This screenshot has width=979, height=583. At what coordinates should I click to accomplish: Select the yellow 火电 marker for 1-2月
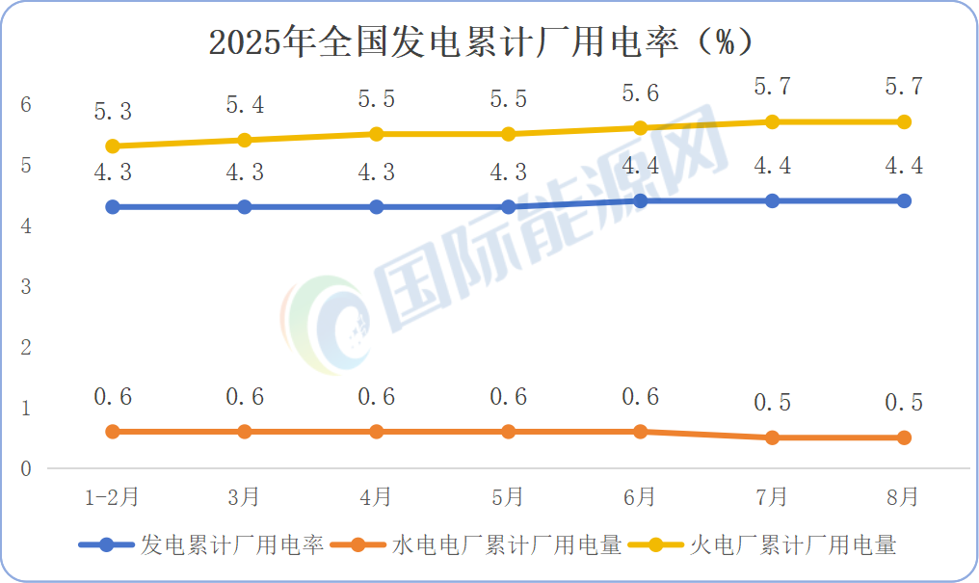[113, 146]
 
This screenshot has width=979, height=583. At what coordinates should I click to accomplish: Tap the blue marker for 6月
[640, 201]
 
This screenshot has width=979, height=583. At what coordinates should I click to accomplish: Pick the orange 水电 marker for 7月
[772, 437]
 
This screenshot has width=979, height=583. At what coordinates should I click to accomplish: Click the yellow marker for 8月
[904, 122]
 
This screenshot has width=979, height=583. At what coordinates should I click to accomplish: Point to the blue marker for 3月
[245, 207]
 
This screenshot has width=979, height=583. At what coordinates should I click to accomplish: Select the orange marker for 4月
[377, 432]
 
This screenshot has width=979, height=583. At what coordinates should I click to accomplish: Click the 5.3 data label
[113, 112]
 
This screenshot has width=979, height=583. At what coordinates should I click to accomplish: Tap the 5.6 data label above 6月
[640, 93]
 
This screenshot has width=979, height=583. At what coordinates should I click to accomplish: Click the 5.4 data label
[245, 105]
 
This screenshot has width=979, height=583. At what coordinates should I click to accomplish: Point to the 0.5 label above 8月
[904, 403]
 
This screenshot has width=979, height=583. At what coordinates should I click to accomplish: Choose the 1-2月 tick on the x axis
[113, 497]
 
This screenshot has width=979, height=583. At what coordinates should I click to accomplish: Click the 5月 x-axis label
[508, 497]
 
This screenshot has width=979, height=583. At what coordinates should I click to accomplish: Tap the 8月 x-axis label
[904, 497]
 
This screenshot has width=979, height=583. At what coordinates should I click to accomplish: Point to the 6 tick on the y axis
[27, 105]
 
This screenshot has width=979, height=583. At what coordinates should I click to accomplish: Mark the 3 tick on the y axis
[27, 287]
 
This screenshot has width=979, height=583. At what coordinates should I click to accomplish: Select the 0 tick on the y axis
[27, 469]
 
